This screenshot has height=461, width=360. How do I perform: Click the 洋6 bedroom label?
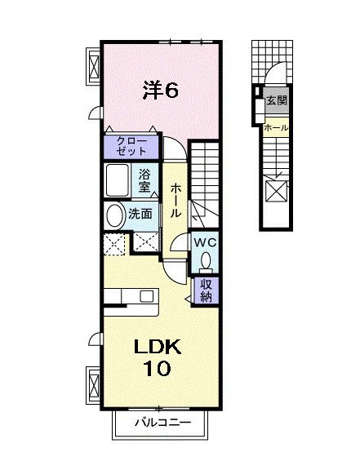(x=161, y=91)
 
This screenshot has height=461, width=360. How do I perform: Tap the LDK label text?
(x=157, y=347)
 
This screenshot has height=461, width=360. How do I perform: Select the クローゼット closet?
(x=131, y=146)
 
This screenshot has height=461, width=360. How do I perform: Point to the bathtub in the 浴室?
(x=118, y=180)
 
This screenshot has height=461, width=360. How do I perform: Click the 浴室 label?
(x=144, y=180)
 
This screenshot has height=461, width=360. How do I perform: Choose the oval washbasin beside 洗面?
(x=114, y=215)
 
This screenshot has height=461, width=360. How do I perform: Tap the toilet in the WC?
(x=206, y=261)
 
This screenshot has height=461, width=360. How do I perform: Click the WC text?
(x=205, y=243)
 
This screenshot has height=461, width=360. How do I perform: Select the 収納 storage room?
(x=206, y=290)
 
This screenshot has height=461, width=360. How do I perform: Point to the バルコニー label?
(x=162, y=423)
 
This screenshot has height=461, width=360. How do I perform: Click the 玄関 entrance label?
(x=276, y=101)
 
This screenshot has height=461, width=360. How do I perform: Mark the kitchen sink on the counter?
(x=146, y=296)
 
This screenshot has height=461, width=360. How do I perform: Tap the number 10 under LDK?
(x=157, y=368)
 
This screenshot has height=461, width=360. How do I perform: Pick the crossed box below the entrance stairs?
(x=277, y=191)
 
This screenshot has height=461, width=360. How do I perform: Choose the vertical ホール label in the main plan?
(x=176, y=200)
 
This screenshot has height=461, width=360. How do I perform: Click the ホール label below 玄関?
(x=276, y=128)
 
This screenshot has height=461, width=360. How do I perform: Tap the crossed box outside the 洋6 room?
(x=95, y=67)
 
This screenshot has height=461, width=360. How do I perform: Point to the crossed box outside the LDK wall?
(x=95, y=385)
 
